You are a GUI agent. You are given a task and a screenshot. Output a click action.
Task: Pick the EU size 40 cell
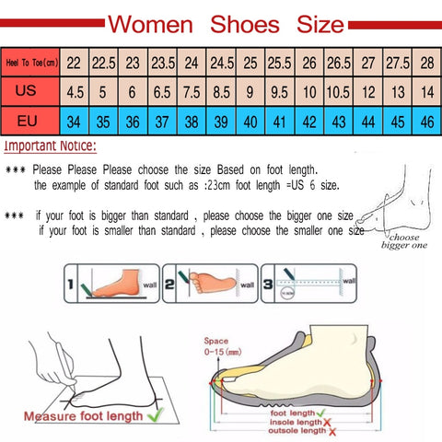click(249, 122)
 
